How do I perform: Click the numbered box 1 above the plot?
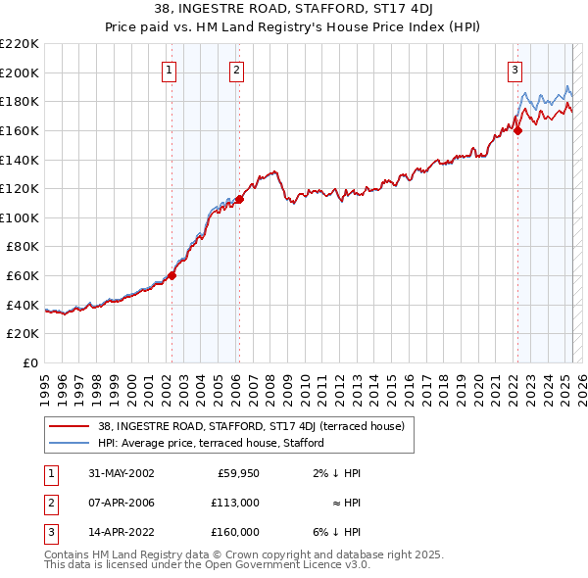coord(170,70)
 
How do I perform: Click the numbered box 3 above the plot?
coord(515,70)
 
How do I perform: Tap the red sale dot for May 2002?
coord(171,275)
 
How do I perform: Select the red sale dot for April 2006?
coord(239,198)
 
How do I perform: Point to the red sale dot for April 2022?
coord(519,130)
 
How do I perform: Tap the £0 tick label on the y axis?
coord(30,362)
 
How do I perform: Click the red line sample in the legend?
coord(70,426)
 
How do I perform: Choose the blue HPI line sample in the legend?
coord(70,443)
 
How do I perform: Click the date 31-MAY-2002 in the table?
coord(121,473)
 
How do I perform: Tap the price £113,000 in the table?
coord(236,503)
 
